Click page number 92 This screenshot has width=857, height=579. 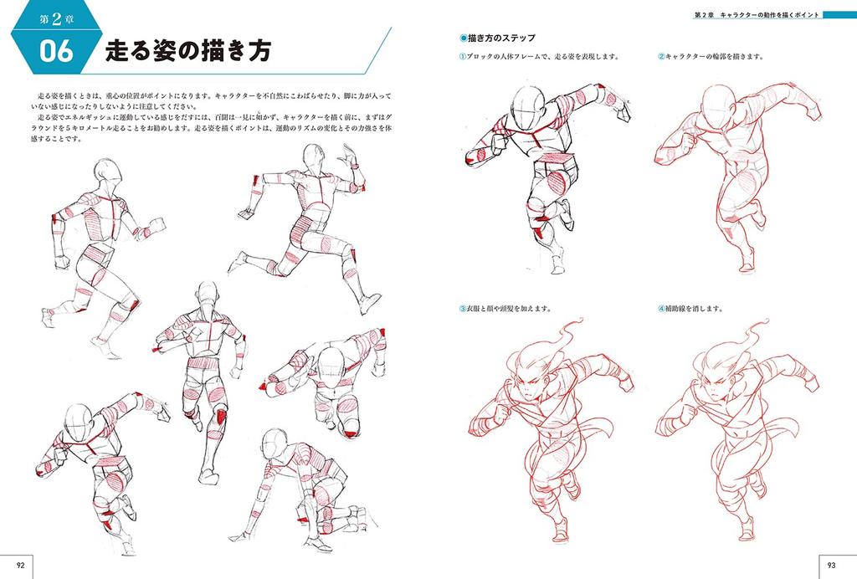coord(23,566)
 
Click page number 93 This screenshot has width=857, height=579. coord(833,566)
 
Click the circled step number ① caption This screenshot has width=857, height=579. coord(463,57)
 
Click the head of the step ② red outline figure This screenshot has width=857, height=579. coord(717,105)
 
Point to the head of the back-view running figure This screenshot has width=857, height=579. coord(207,295)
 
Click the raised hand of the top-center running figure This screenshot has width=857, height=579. coord(348,156)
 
